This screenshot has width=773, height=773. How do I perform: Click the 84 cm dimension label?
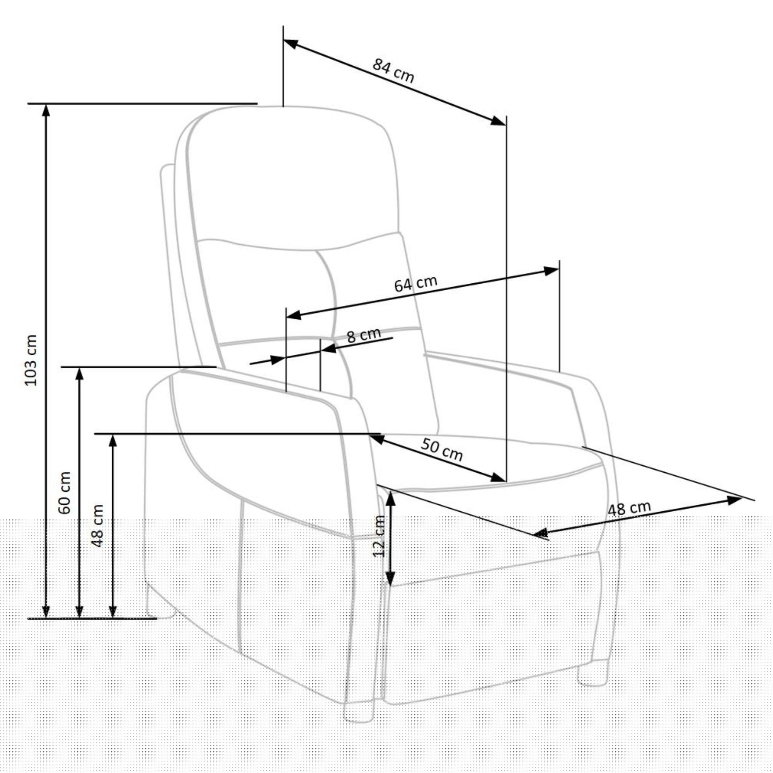tap(393, 71)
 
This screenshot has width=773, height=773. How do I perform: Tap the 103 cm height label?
tap(31, 360)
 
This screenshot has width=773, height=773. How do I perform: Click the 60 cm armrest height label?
tap(64, 493)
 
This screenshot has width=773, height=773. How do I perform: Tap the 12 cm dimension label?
tap(378, 536)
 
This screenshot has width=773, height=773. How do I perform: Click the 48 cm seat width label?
tap(629, 509)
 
